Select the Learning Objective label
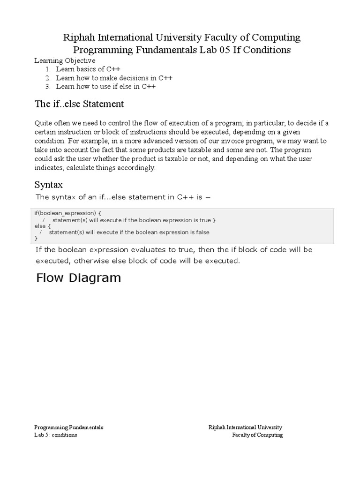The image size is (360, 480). (65, 60)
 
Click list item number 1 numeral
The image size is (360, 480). (48, 69)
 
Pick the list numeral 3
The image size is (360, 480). (48, 87)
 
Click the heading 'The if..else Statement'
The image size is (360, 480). (79, 104)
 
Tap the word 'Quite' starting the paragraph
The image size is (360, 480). (44, 123)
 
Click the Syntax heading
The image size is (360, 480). (49, 185)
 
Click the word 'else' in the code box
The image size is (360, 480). (40, 226)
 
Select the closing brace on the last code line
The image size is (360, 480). (36, 239)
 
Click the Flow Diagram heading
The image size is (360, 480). (78, 278)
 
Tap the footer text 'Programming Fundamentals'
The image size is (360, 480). (68, 427)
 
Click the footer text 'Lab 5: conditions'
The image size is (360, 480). (55, 435)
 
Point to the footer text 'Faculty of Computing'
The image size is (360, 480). (257, 435)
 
